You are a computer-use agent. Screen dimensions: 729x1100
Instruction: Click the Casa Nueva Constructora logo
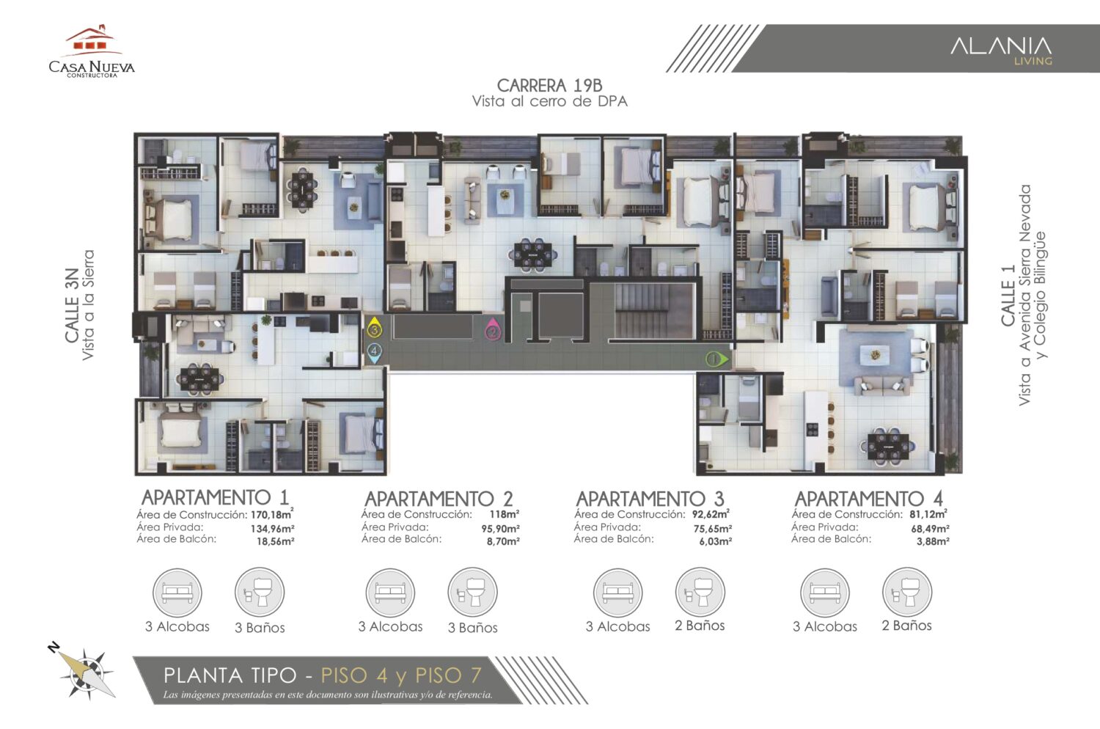pos(92,53)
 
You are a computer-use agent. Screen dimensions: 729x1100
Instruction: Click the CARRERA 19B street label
pos(549,86)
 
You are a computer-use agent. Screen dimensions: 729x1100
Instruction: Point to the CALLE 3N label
pos(72,305)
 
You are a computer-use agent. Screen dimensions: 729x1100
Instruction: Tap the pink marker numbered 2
pos(493,331)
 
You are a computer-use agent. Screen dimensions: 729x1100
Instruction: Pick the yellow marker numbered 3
pos(374,329)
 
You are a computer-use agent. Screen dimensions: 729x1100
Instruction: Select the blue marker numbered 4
pos(374,352)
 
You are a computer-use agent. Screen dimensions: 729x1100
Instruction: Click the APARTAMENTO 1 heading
pos(215,497)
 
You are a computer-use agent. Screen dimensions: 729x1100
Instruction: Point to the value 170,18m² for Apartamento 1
pos(272,515)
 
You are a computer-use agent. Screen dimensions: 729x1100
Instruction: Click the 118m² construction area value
pos(504,515)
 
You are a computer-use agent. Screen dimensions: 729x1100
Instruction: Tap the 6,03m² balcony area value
pos(715,541)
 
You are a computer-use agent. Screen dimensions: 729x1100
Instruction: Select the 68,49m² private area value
pos(930,528)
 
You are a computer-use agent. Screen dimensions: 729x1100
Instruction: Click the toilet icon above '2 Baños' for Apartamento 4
pos(907,592)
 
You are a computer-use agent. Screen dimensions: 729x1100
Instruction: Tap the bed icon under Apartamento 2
pos(390,592)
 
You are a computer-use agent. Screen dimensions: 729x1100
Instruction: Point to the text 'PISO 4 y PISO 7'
pos(401,675)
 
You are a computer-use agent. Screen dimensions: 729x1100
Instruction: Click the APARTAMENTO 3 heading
pos(650,499)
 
